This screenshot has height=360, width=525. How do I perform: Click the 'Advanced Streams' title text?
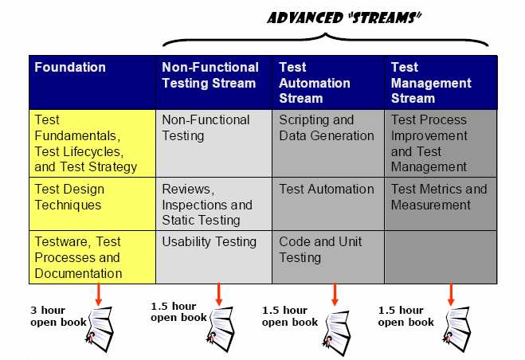[344, 18]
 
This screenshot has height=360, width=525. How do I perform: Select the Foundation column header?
[92, 82]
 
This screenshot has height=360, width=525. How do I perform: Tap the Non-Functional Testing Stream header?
[214, 82]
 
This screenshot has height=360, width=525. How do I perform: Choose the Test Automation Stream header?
[328, 82]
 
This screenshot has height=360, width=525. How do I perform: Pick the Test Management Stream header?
[441, 82]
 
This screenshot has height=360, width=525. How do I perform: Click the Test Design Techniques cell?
[92, 204]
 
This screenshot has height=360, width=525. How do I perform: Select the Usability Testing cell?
[214, 257]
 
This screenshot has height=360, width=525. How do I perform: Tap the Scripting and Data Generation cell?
[328, 143]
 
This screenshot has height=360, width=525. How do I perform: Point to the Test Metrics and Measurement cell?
[441, 204]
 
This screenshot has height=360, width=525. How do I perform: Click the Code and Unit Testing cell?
[328, 257]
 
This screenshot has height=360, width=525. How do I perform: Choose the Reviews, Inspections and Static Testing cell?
[214, 204]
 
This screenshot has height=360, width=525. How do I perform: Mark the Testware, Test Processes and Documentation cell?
[92, 257]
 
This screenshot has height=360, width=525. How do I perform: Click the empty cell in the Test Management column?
[441, 257]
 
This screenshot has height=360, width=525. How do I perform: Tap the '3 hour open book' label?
[58, 316]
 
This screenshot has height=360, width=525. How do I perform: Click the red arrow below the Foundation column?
[99, 295]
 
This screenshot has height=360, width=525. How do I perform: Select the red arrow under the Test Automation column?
[335, 295]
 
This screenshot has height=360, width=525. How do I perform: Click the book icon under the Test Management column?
[457, 329]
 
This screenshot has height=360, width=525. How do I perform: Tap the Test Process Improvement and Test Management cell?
[441, 143]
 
